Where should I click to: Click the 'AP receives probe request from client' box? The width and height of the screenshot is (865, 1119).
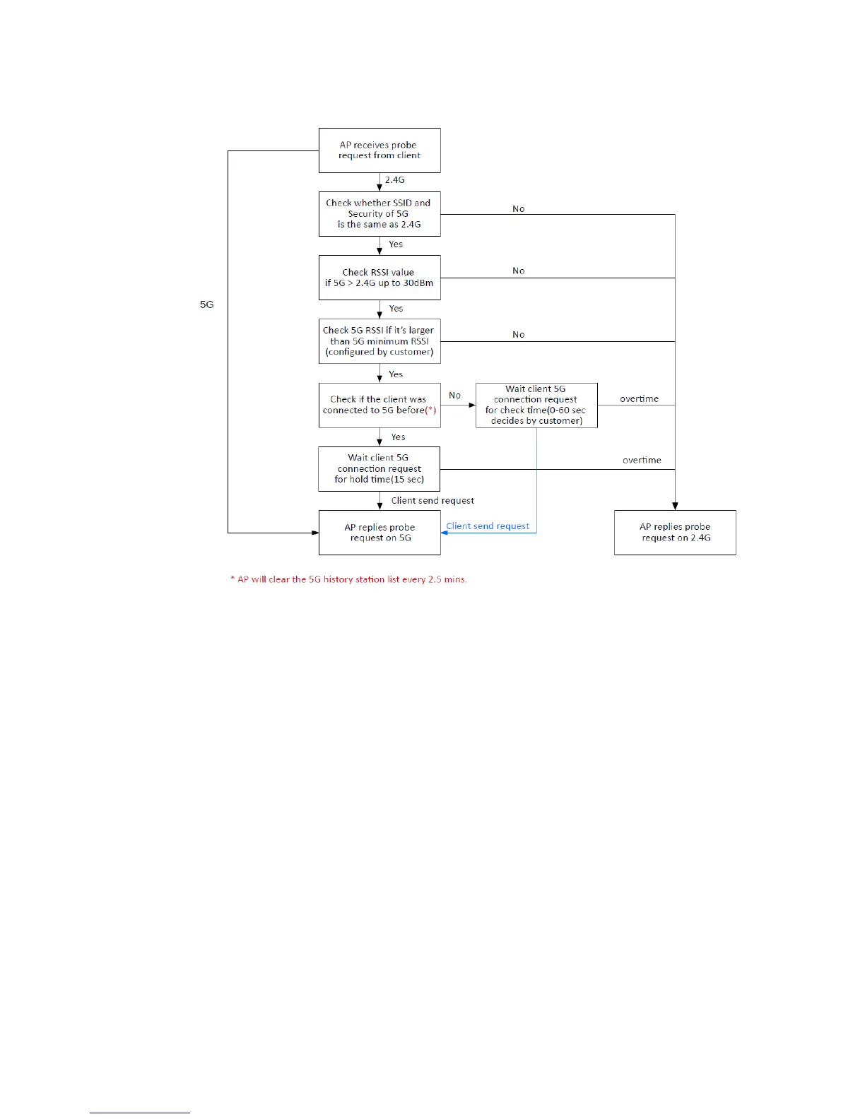coord(379,150)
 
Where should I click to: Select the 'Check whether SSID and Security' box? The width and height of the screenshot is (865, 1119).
coord(379,214)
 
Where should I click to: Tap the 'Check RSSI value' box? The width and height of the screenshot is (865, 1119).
coord(379,278)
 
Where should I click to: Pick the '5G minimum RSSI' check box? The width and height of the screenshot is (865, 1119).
coord(379,341)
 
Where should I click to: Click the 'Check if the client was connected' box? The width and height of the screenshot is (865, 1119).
coord(379,405)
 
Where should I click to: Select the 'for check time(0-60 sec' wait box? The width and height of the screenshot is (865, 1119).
coord(536,405)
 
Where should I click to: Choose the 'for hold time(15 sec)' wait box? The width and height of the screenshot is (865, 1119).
coord(379,469)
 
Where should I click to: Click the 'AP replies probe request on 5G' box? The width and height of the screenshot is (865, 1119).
coord(379,533)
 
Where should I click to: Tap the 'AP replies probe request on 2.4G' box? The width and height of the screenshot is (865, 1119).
coord(675,533)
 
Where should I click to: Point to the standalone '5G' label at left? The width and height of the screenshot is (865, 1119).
coord(206,304)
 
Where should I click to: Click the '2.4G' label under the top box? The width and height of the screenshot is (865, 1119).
coord(395,180)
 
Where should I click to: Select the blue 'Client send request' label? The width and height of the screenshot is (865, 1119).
coord(488,526)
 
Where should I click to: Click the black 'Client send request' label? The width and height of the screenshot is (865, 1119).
coord(432,501)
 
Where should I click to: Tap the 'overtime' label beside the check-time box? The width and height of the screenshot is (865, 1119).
coord(639,399)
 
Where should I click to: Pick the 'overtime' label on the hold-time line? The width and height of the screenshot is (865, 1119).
coord(642,461)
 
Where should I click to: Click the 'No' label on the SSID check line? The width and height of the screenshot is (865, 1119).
coord(519,209)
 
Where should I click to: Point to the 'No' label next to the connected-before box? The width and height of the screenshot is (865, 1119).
coord(455,396)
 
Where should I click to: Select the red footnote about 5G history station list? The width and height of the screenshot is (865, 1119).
coord(348,579)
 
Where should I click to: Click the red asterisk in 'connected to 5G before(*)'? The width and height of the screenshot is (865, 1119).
coord(431,410)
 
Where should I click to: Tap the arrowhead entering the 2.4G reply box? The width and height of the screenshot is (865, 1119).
coord(675,506)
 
